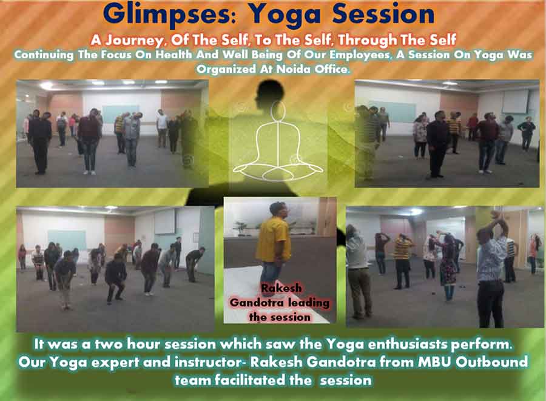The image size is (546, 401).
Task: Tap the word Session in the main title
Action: pyautogui.click(x=383, y=14)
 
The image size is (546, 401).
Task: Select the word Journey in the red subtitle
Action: pyautogui.click(x=135, y=41)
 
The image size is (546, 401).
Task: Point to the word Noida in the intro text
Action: pyautogui.click(x=293, y=69)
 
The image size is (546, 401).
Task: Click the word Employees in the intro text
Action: pyautogui.click(x=360, y=55)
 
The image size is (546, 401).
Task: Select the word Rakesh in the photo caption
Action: pyautogui.click(x=281, y=288)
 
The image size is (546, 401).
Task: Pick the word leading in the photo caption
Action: pyautogui.click(x=309, y=303)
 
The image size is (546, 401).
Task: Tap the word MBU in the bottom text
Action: pyautogui.click(x=434, y=362)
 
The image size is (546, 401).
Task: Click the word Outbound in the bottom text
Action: pyautogui.click(x=491, y=362)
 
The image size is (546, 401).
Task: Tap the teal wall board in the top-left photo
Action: pyautogui.click(x=121, y=113)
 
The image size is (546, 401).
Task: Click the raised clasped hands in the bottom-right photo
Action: pyautogui.click(x=496, y=218)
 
